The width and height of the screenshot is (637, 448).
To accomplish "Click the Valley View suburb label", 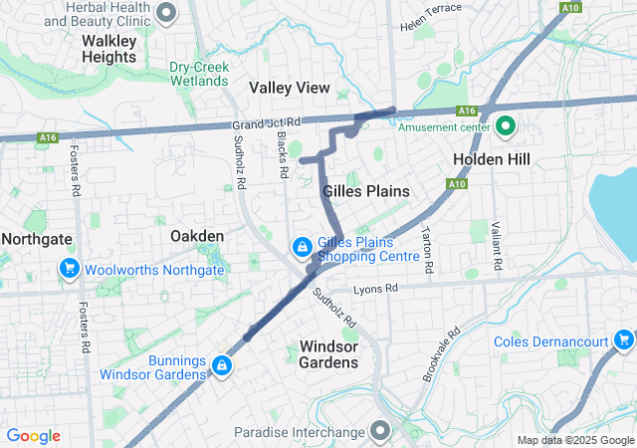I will click(289, 88).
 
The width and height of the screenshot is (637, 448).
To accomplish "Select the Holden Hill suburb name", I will click(492, 159).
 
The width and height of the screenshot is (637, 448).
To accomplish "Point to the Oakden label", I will click(197, 236).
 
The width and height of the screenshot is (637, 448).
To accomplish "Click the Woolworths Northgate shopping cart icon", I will click(70, 269).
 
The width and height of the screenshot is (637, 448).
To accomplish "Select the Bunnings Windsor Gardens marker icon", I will click(221, 367).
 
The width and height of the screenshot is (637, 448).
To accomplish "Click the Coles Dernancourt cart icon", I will click(624, 341).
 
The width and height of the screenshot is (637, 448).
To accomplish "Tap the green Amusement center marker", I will click(506, 126).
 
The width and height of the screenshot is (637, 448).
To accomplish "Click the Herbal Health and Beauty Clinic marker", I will click(167, 13).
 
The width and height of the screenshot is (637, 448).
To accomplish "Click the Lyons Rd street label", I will click(376, 288).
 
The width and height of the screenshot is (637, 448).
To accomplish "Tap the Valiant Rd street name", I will click(494, 248).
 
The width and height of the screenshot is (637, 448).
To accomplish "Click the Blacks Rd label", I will click(283, 156).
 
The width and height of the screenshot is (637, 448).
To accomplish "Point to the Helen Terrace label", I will click(430, 10).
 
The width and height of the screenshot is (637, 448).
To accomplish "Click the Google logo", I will click(34, 436).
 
